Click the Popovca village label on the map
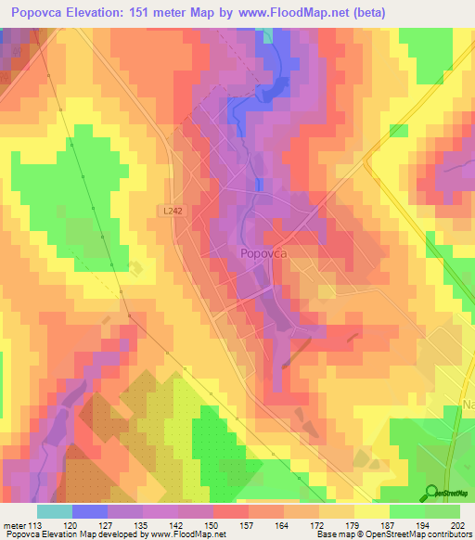263,252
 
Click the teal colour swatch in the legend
54,511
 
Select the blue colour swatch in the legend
89,511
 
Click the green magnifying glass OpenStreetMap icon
430,492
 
